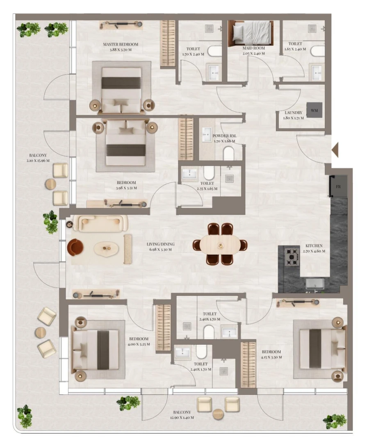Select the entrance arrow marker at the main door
coord(335,150)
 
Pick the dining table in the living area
coord(221,245)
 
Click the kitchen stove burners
coord(292,257)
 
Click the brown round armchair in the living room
coord(75,248)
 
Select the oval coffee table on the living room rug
coord(106,248)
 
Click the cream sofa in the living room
coord(103,223)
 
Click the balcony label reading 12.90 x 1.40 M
coord(181,415)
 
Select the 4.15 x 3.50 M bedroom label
coord(271,354)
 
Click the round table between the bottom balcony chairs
coord(218,414)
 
